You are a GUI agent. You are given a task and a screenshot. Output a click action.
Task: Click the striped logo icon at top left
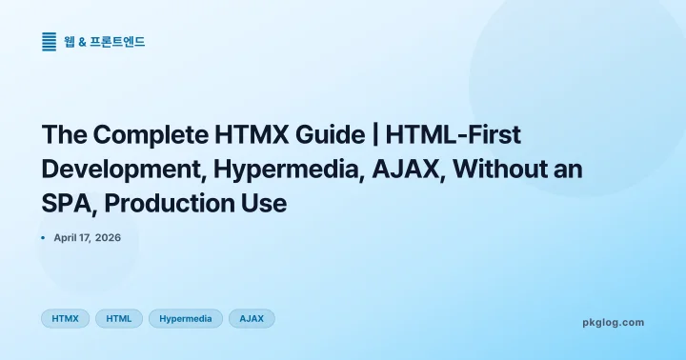tap(50, 41)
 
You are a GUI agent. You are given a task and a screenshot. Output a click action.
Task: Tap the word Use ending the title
tap(263, 203)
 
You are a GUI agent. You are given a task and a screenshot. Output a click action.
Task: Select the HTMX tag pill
tap(65, 318)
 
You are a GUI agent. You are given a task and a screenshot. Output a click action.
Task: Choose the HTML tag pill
tap(119, 318)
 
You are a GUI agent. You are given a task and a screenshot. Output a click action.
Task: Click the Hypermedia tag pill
tap(186, 318)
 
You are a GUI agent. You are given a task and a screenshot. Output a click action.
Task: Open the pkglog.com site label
tap(613, 322)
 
